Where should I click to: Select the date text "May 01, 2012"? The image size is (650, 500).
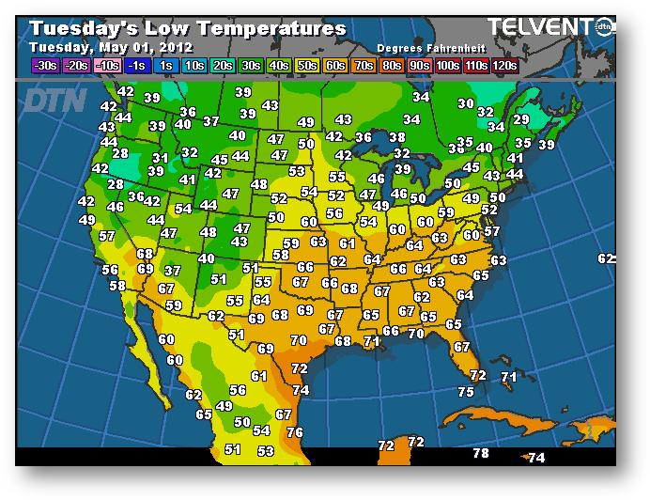click(143, 47)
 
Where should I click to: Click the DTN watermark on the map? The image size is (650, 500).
click(55, 100)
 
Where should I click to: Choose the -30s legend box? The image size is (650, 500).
click(44, 66)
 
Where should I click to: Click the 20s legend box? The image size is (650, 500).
click(224, 66)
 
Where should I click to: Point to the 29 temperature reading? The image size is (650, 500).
click(520, 120)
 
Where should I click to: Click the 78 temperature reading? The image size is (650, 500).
click(481, 453)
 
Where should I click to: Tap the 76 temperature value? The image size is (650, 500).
click(294, 432)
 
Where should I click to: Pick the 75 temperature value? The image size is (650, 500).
click(466, 392)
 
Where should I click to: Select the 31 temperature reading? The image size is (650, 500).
click(161, 158)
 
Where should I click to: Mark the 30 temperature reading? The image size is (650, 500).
click(466, 103)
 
